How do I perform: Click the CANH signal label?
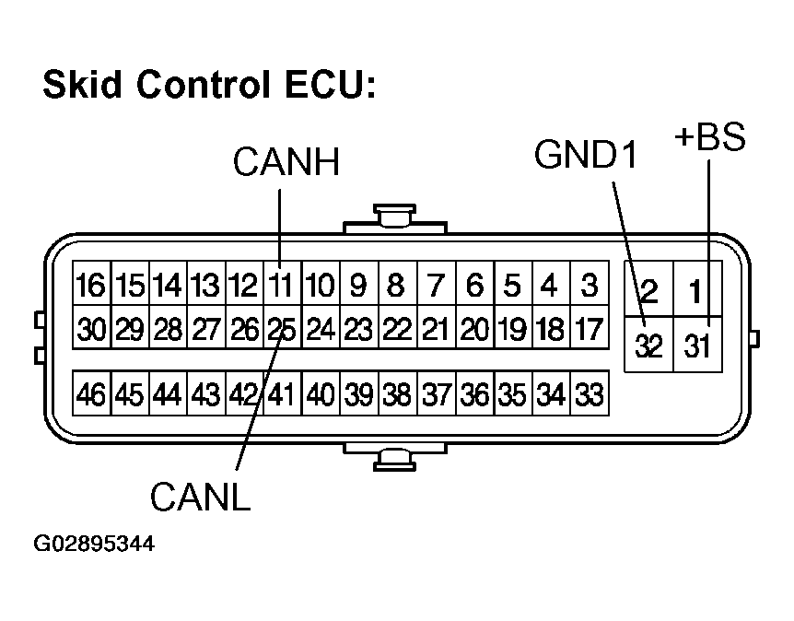286,163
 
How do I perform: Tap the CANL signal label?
200,498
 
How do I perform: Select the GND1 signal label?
587,156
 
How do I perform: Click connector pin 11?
280,286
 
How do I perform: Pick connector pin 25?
280,329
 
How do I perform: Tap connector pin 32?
649,347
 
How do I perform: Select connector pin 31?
697,347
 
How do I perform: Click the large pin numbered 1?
697,292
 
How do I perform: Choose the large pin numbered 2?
649,292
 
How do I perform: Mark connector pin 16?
91,286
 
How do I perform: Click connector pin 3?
589,286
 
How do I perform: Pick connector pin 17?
589,329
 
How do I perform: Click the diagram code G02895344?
94,544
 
